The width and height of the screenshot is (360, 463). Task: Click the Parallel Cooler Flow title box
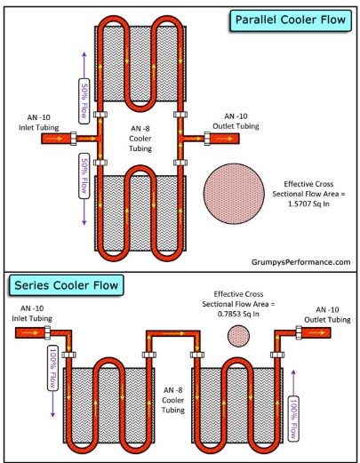(291, 20)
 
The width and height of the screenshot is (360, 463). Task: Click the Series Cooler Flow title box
(67, 285)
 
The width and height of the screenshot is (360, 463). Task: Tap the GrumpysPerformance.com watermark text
(300, 262)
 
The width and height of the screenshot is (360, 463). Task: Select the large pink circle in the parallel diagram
(234, 194)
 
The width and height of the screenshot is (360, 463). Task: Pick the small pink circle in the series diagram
(238, 336)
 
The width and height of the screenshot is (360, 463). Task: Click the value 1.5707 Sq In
(308, 204)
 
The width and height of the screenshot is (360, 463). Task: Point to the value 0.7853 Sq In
(238, 314)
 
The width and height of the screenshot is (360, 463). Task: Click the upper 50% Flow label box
(84, 101)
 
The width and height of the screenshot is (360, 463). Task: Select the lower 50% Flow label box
(84, 176)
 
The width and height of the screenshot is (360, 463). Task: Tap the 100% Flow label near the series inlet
(53, 368)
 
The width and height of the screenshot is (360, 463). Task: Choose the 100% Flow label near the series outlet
(293, 419)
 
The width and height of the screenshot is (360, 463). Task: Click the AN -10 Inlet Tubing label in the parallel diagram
(39, 123)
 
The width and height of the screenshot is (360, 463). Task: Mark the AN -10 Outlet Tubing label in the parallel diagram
(236, 121)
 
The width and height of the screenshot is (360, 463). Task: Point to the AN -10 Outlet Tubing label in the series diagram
(327, 315)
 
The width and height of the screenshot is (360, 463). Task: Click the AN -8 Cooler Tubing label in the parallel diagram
(140, 139)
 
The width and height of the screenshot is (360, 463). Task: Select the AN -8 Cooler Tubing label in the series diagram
(173, 400)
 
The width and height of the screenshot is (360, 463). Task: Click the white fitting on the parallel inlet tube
(73, 139)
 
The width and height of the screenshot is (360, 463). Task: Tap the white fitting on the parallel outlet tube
(207, 139)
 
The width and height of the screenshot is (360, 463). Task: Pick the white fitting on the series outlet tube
(299, 332)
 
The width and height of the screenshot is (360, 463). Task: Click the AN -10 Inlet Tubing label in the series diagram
(32, 314)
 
